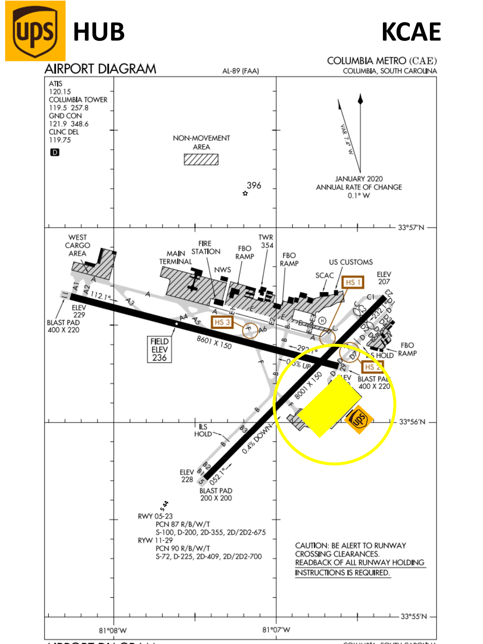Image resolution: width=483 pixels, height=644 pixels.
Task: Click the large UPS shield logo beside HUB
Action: (35, 31)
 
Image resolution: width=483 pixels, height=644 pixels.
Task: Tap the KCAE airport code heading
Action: (411, 32)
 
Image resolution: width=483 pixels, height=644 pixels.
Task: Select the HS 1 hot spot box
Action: (353, 282)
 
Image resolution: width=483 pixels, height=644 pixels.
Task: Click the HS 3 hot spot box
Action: (222, 322)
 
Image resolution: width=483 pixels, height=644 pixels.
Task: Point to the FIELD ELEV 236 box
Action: (159, 349)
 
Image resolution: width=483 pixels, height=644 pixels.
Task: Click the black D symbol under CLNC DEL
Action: (55, 152)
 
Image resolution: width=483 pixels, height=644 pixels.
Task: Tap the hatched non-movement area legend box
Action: (201, 159)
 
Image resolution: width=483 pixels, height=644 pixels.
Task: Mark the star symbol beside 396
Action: (245, 193)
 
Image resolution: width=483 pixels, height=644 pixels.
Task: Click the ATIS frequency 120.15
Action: (60, 92)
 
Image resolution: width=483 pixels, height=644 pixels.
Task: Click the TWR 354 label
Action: (266, 241)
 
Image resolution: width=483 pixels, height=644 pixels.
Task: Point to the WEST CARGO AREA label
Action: (77, 245)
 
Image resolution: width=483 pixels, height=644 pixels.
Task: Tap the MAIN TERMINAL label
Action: (176, 258)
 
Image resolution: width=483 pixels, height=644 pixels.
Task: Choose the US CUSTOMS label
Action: (351, 262)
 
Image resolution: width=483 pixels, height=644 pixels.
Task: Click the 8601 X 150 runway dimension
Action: (214, 342)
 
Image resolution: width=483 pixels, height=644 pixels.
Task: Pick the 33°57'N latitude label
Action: (411, 228)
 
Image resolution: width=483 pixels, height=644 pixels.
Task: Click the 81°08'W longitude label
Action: (113, 630)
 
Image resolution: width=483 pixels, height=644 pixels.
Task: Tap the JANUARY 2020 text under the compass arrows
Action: (359, 179)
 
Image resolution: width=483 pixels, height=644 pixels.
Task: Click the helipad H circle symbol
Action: (322, 321)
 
